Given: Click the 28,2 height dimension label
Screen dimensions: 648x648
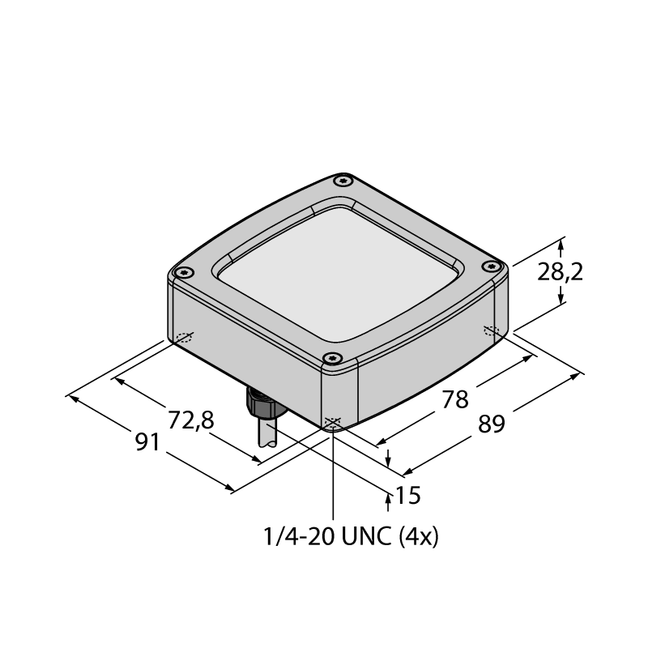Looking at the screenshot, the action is pyautogui.click(x=560, y=273).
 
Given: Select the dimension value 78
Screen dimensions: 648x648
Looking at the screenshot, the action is pyautogui.click(x=455, y=399).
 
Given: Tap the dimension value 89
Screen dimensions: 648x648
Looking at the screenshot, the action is pyautogui.click(x=492, y=424).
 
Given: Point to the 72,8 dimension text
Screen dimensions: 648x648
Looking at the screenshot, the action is pyautogui.click(x=191, y=420).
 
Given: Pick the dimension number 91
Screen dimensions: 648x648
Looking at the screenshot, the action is pyautogui.click(x=147, y=442).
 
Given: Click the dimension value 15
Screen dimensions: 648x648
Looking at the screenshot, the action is pyautogui.click(x=408, y=495).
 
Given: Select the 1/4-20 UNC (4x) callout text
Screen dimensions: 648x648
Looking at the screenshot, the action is pyautogui.click(x=351, y=537).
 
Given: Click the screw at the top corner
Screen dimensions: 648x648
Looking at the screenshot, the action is pyautogui.click(x=343, y=181).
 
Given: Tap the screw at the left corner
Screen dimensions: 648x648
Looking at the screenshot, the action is pyautogui.click(x=184, y=272).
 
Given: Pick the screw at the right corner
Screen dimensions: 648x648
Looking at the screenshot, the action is pyautogui.click(x=491, y=266).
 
